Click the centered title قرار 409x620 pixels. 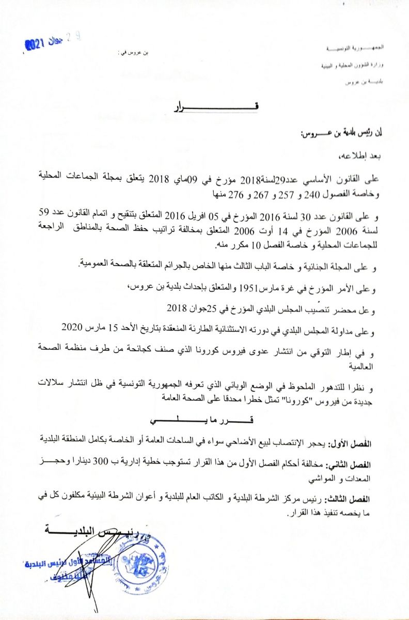211,107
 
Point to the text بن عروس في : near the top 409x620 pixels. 133,53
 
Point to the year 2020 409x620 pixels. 72,328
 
